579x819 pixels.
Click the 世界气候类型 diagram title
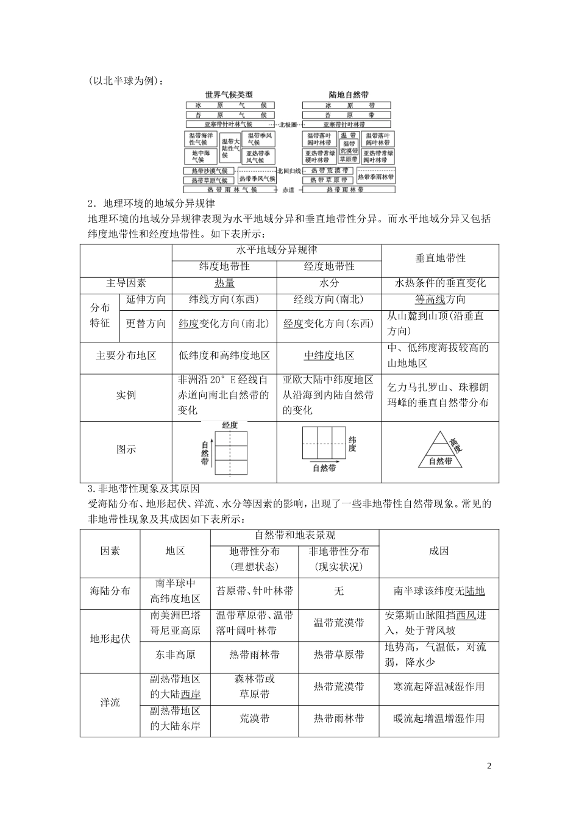[x=228, y=95]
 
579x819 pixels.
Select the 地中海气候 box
[x=201, y=156]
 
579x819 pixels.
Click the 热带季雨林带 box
[x=375, y=177]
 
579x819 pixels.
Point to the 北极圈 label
[x=288, y=124]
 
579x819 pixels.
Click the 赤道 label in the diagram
[x=288, y=190]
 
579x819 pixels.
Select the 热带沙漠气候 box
[x=209, y=171]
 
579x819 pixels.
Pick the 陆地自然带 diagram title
[x=348, y=95]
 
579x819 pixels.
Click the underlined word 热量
[x=224, y=283]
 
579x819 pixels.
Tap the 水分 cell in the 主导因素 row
[x=329, y=283]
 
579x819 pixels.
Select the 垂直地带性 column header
[x=440, y=258]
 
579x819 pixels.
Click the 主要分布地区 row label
[x=126, y=356]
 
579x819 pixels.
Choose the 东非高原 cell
[x=176, y=655]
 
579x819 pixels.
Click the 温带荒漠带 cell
[x=339, y=623]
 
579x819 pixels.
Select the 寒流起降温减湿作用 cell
[x=439, y=687]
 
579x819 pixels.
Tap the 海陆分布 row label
[x=110, y=591]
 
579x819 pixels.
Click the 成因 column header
[x=439, y=551]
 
